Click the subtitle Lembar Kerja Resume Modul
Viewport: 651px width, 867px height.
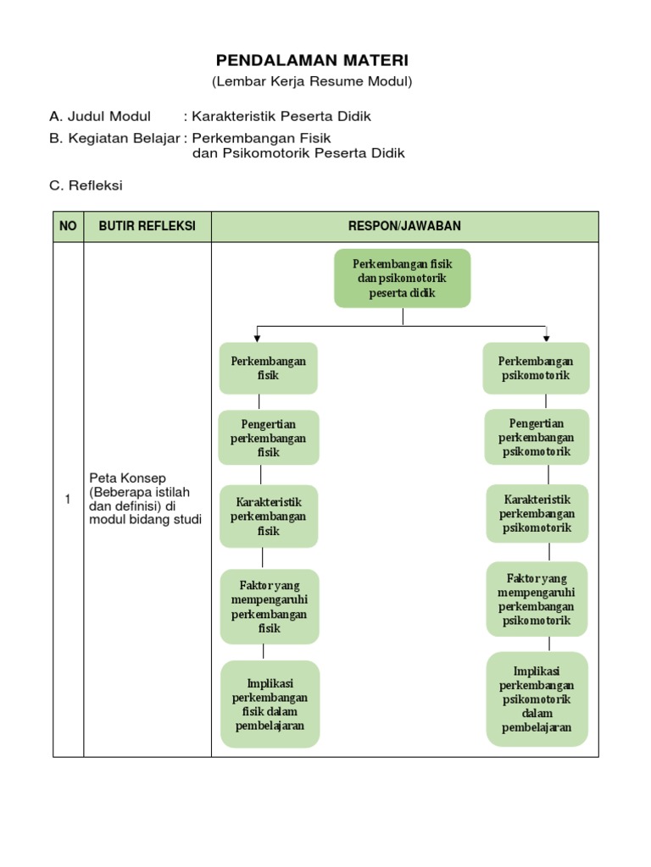[312, 81]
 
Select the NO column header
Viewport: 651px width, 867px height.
[68, 226]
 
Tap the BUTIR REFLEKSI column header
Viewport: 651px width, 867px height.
[147, 226]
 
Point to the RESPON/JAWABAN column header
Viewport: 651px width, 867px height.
[404, 226]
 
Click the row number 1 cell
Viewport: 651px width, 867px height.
[68, 500]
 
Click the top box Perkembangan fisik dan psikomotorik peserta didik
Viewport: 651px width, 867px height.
[403, 279]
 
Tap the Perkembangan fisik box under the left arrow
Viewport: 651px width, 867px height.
[268, 368]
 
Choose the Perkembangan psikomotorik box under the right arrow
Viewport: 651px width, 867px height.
[536, 368]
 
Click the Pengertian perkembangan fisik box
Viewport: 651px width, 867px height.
[269, 438]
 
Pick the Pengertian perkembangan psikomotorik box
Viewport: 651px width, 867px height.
[536, 437]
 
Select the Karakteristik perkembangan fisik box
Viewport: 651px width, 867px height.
[269, 516]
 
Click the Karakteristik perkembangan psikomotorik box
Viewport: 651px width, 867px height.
[537, 513]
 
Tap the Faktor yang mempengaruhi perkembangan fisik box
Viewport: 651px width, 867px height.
[269, 606]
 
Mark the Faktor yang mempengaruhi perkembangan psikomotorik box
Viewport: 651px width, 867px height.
[537, 599]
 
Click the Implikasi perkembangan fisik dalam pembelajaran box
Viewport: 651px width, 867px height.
[270, 704]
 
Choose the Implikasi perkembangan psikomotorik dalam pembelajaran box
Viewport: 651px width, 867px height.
[537, 699]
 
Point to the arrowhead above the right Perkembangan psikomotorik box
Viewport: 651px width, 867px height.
[546, 337]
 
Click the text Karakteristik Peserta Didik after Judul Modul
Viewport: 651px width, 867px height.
[281, 116]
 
